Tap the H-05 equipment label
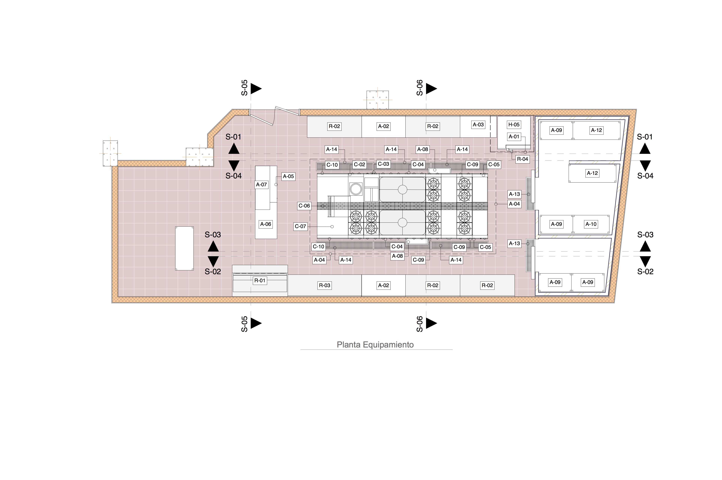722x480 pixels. point(514,125)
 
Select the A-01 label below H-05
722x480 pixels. point(514,136)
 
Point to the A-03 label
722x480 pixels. point(478,125)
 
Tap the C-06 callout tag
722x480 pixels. point(304,206)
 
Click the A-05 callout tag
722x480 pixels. point(288,176)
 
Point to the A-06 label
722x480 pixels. point(266,224)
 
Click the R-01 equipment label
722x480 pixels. point(260,280)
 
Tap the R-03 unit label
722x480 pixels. point(325,285)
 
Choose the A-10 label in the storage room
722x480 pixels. point(591,224)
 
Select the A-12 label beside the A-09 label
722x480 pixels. point(597,130)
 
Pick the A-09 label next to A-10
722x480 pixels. point(556,224)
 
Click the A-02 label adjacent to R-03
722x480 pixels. point(383,285)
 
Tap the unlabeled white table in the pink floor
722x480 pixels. point(184,248)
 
